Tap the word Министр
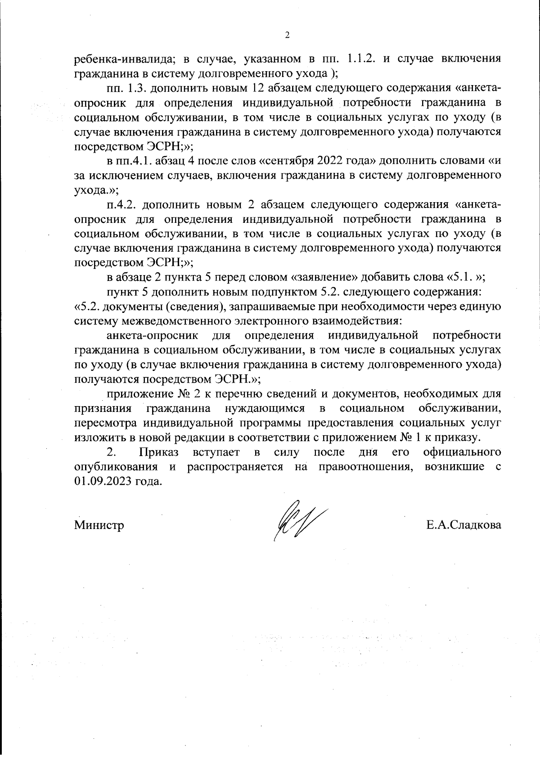pyautogui.click(x=99, y=525)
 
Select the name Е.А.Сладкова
pyautogui.click(x=464, y=525)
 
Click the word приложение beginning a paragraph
pyautogui.click(x=138, y=394)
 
